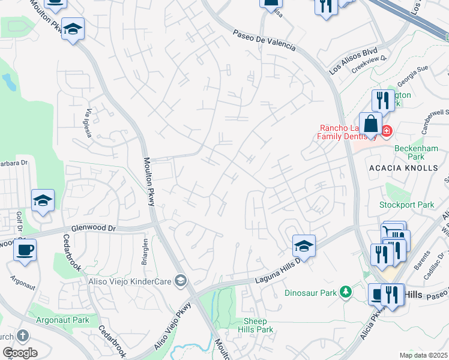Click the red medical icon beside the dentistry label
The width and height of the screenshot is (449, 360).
tap(386, 130)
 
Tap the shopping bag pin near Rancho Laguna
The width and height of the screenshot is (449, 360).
tap(371, 124)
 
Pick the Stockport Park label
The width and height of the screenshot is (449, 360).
tap(406, 205)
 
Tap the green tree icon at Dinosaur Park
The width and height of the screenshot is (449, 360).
tap(345, 292)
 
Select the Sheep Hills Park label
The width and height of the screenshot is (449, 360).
tap(255, 326)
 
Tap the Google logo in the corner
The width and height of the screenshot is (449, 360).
tap(20, 352)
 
